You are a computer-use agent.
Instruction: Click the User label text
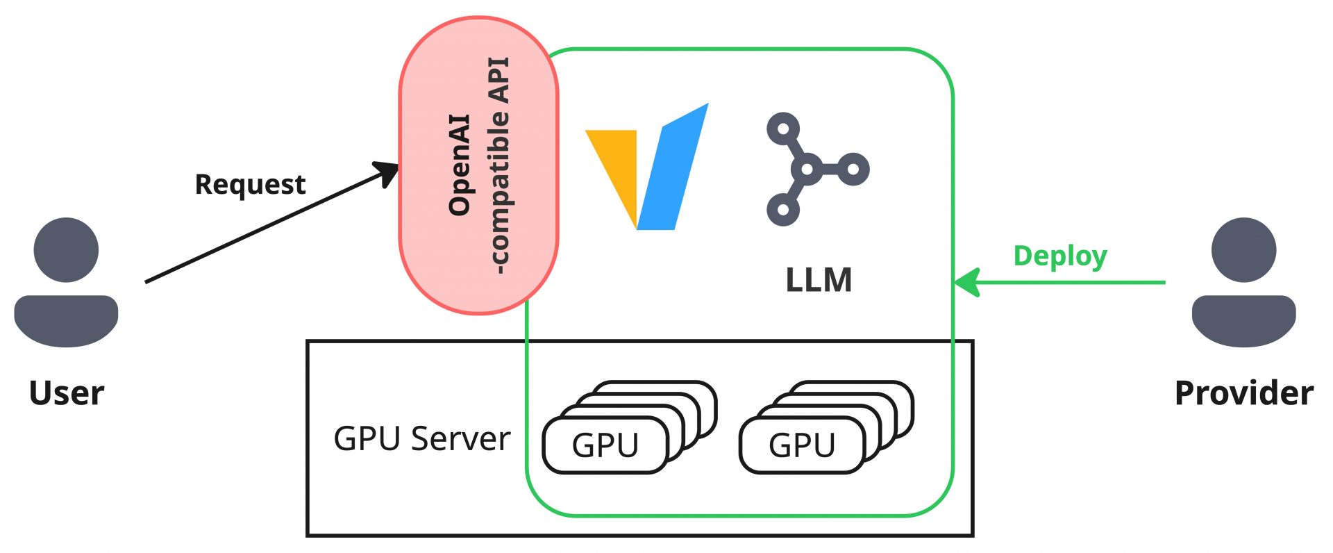click(66, 393)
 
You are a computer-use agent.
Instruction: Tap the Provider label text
click(1243, 393)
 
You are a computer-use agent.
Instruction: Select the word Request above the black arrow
click(250, 185)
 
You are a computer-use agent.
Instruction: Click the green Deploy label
click(1059, 256)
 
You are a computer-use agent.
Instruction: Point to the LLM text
click(819, 281)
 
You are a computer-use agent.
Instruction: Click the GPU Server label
click(421, 439)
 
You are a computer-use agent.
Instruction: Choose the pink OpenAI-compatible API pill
click(478, 165)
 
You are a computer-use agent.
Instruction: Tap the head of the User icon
click(66, 250)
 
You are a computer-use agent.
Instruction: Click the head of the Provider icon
click(1243, 250)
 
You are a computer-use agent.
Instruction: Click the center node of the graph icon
click(806, 169)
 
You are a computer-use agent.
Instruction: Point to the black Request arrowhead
click(387, 172)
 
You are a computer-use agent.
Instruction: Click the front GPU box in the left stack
click(605, 445)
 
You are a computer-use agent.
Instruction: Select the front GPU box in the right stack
click(802, 445)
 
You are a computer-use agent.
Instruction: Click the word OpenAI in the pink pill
click(460, 165)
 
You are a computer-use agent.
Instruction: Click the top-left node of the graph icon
click(783, 129)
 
